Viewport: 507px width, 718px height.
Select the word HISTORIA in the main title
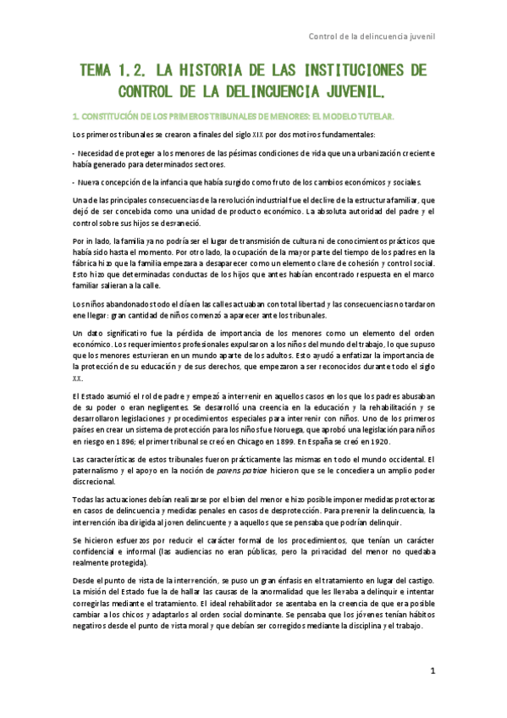pos(215,69)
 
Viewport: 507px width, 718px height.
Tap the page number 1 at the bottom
pos(432,670)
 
